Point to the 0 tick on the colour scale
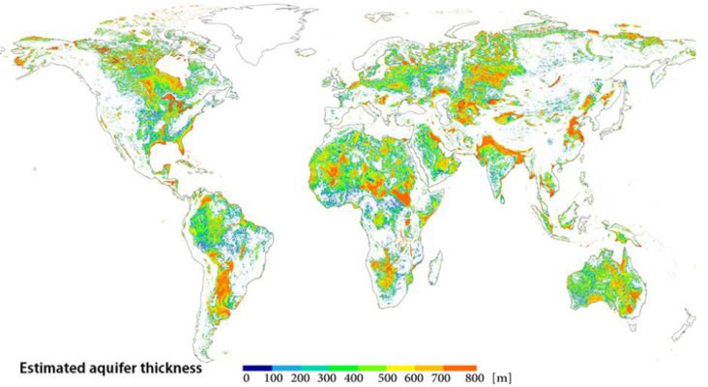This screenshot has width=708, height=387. coord(247,378)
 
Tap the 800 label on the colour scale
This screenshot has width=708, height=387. coord(470,378)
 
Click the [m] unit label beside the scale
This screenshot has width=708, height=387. coord(499,378)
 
